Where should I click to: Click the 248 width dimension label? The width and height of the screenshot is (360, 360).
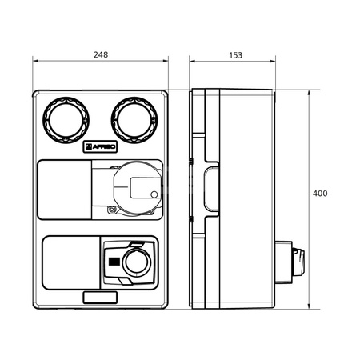coord(101,54)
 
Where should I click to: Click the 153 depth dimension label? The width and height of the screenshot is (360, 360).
coord(236,55)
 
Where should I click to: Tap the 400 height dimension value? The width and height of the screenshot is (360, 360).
coord(320,194)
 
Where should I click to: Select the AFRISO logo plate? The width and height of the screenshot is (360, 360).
coord(100,146)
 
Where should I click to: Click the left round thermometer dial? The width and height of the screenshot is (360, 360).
coord(66,120)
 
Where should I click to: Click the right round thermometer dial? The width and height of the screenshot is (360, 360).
coord(134,120)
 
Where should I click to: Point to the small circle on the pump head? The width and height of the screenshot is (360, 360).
coord(154,194)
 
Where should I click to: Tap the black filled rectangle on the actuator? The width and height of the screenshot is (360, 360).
coord(114,262)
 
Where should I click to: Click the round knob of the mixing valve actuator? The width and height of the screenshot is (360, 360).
coord(137,262)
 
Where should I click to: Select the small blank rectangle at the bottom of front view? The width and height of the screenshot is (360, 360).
coord(100,298)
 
